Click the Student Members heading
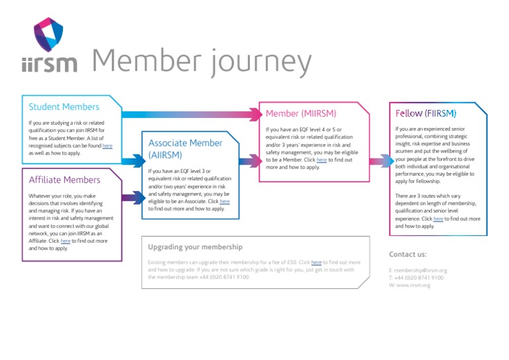(x=64, y=107)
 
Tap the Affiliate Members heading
(x=64, y=180)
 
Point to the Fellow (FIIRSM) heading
(x=425, y=113)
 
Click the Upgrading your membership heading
(x=195, y=247)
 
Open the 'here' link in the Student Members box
(x=107, y=145)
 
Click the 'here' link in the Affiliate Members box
(x=65, y=241)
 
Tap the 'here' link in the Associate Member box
(x=225, y=201)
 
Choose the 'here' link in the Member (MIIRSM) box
(x=321, y=160)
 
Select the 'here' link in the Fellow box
(x=438, y=219)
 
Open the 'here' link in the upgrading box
(x=316, y=263)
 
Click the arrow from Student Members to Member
(x=192, y=115)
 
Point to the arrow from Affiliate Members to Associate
(x=133, y=197)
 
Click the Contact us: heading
(x=408, y=254)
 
